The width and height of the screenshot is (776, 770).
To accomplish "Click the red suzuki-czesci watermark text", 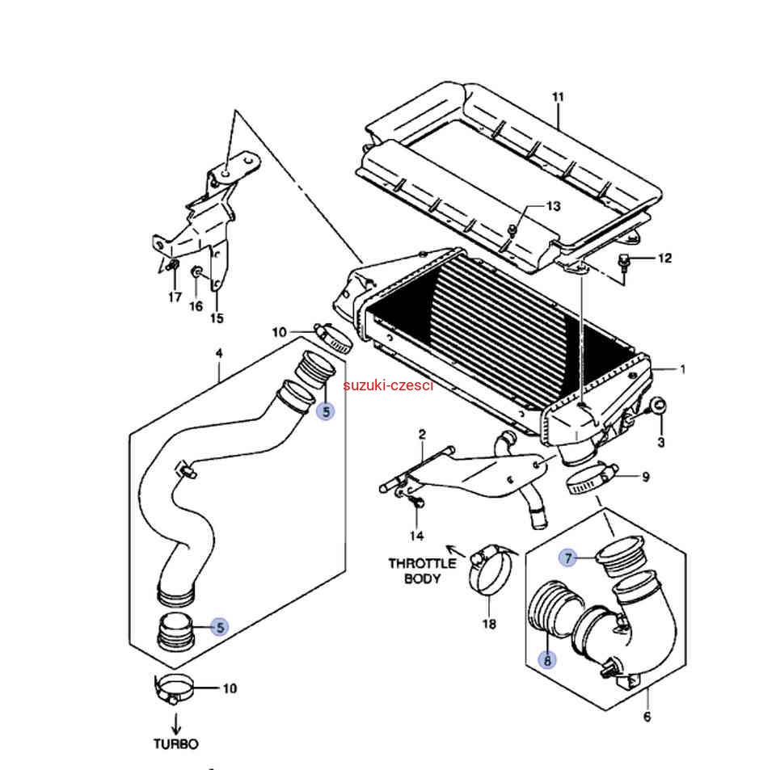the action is point(388,385).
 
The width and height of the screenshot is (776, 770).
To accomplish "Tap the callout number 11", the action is point(558,97).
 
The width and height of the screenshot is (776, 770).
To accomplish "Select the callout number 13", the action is point(553,206).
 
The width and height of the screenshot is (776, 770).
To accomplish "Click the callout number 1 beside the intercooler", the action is point(683,369).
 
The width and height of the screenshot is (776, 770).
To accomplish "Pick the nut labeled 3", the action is point(658,406).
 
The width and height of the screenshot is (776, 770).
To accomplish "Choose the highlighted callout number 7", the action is point(568,558).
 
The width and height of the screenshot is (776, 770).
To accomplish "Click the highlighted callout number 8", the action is point(547,660).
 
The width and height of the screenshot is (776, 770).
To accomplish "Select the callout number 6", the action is point(647,717).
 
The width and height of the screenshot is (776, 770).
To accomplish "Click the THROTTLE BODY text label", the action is point(422,570).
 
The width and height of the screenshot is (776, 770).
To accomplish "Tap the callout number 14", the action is point(417,536).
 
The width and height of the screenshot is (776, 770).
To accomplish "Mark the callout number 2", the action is point(422,434).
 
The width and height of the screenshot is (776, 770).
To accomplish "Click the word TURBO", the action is point(175,744).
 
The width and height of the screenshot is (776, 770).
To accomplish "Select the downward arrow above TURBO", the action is point(176,723).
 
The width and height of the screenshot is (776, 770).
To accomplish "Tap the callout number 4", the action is point(219,353).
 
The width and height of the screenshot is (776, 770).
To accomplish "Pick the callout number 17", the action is point(175,297).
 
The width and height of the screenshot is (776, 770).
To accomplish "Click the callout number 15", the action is point(217,318).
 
